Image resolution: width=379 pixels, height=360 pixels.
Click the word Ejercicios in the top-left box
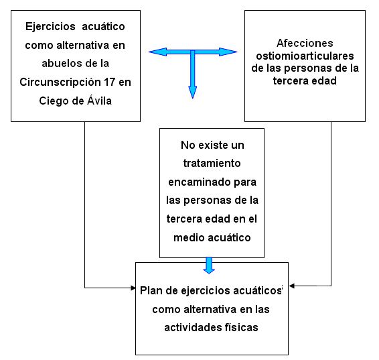[x=50, y=27]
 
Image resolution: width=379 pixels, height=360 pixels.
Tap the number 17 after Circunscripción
[x=110, y=82]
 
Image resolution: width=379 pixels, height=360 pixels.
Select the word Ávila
[x=99, y=100]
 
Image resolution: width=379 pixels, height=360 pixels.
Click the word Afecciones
[x=305, y=43]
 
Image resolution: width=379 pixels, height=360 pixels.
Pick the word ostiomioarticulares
[x=305, y=56]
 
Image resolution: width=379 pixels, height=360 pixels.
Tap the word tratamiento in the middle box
[x=212, y=164]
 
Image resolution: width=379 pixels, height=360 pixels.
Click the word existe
[x=214, y=145]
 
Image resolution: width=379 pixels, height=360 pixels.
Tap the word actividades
[x=193, y=328]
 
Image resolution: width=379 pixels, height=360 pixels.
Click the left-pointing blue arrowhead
[x=157, y=52]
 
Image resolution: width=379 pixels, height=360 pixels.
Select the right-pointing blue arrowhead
[x=228, y=52]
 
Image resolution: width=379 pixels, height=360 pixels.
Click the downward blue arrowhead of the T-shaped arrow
[x=193, y=92]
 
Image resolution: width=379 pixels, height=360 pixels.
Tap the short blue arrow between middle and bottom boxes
[x=209, y=265]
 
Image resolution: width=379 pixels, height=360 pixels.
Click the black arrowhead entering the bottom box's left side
[x=133, y=288]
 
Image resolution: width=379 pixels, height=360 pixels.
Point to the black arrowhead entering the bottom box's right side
[x=292, y=286]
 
